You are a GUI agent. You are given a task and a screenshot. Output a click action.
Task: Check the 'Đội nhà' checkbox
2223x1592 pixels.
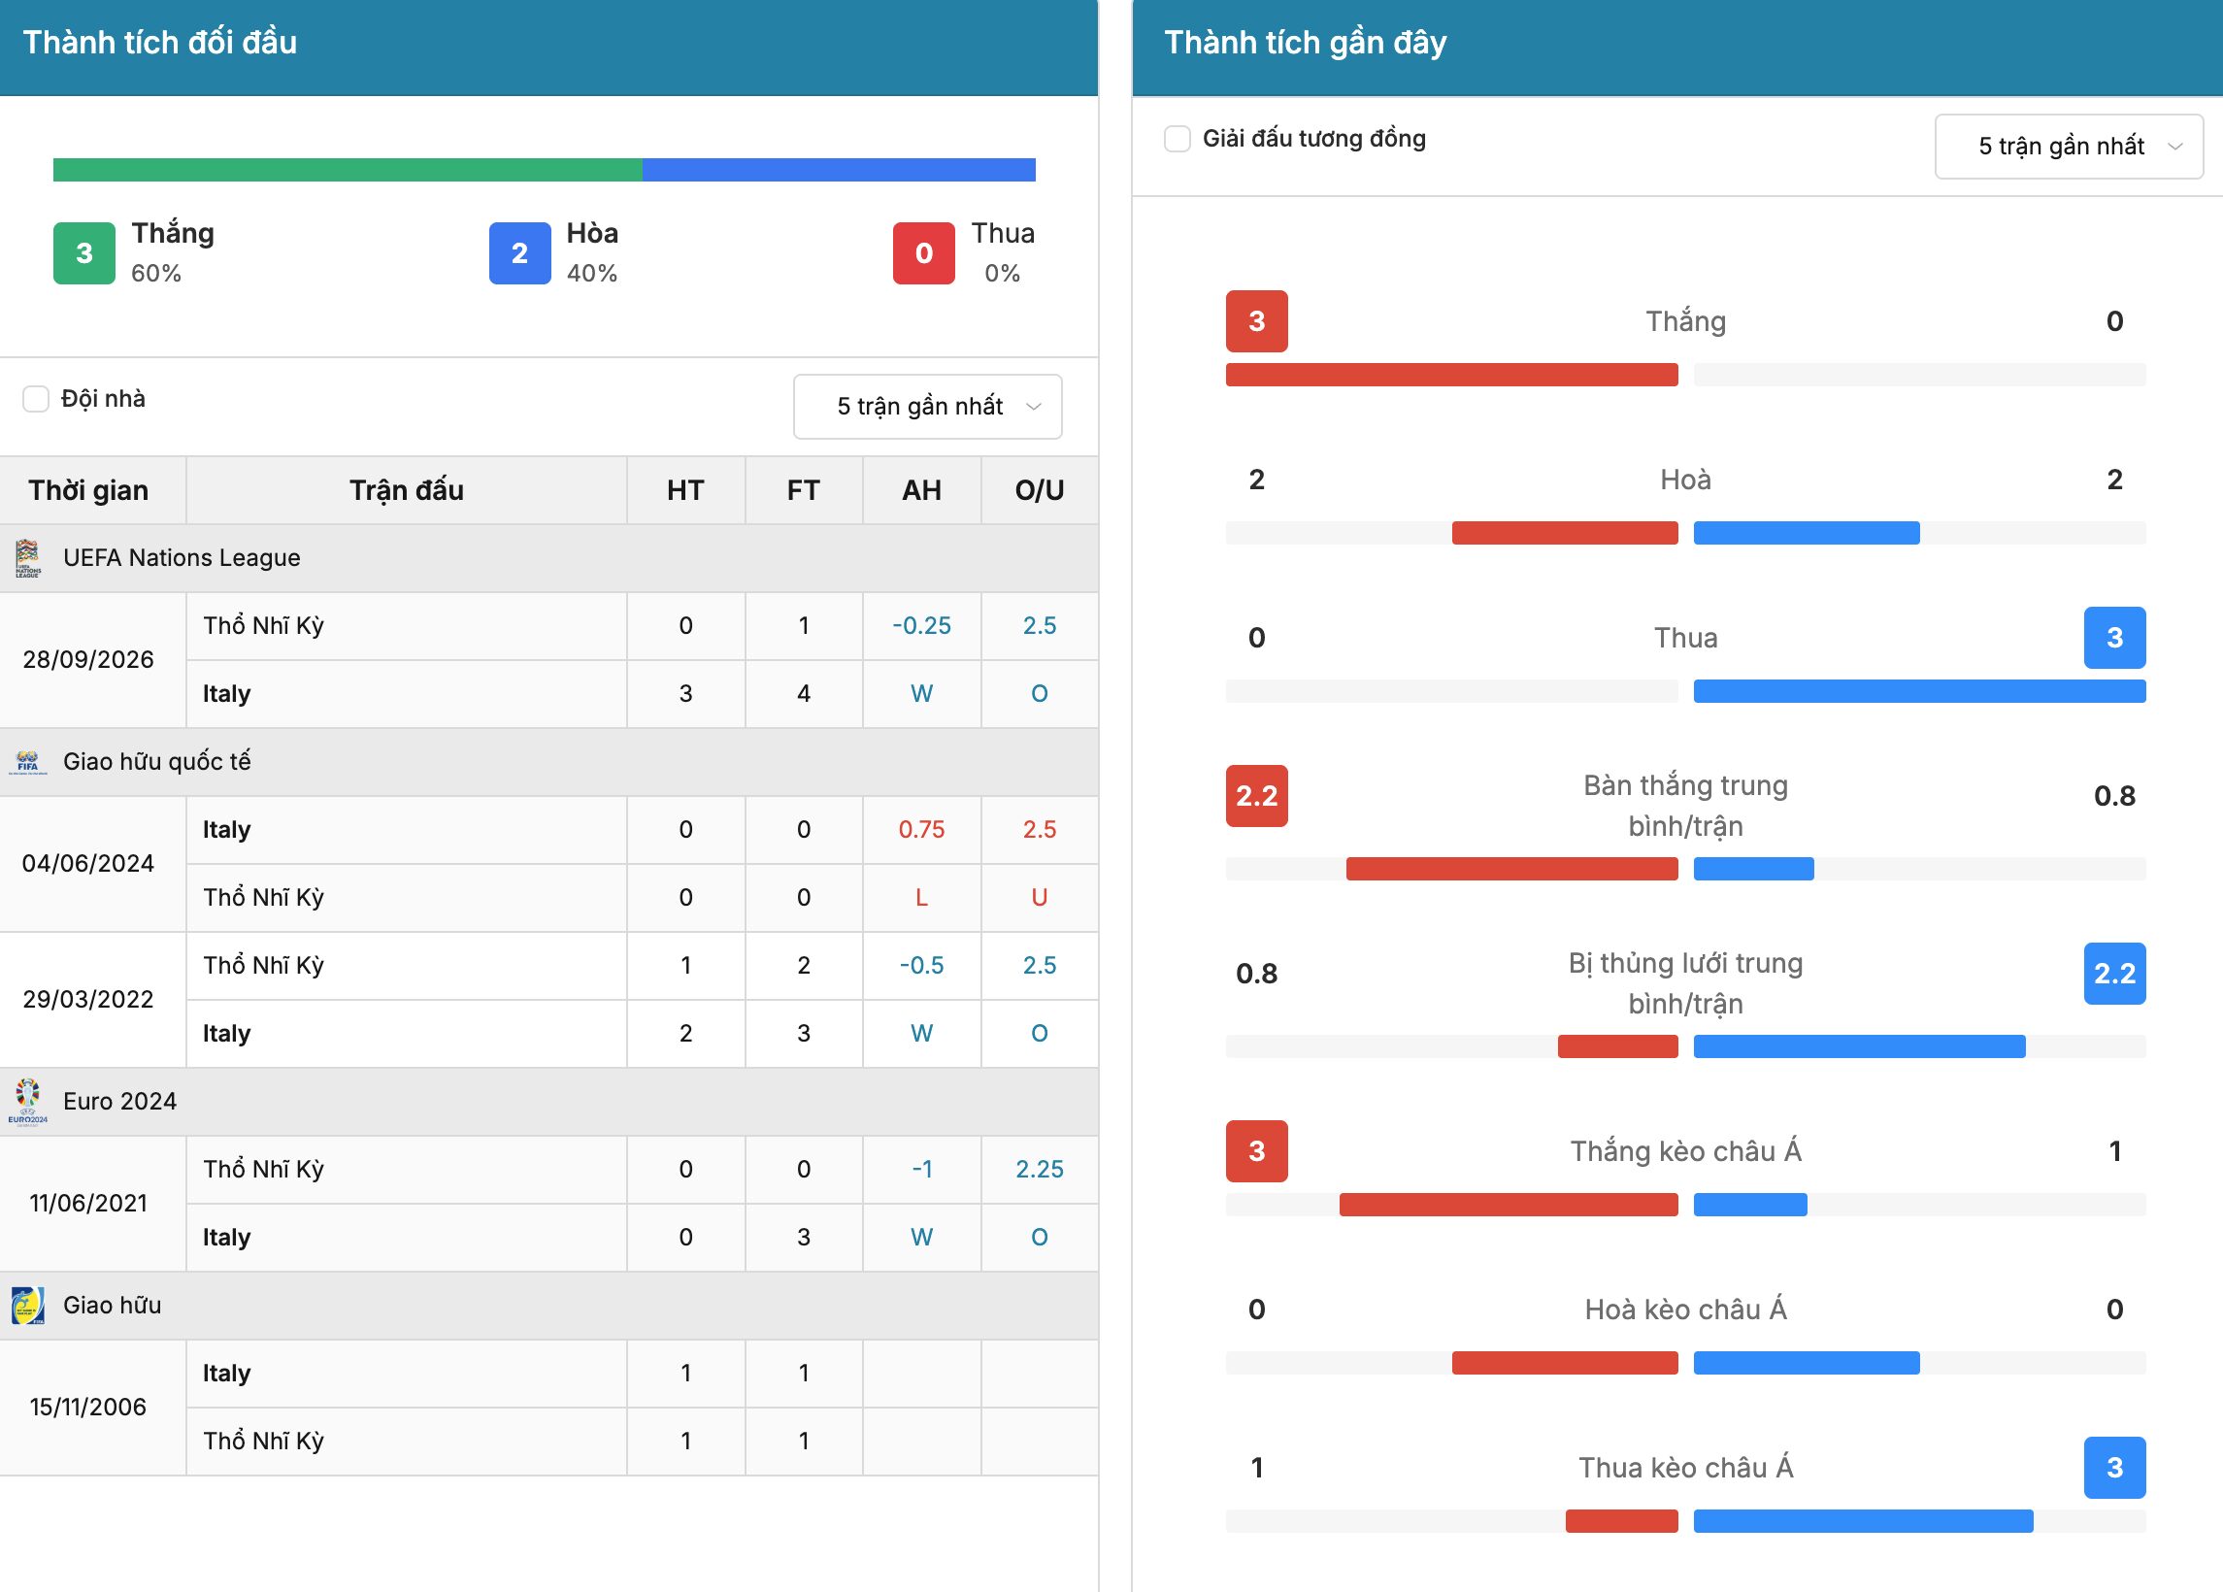tap(36, 399)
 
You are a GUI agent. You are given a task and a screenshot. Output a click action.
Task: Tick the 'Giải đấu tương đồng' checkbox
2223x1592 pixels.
tap(1178, 138)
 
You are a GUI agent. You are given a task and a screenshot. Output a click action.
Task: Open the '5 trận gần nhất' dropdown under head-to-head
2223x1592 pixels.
tap(927, 407)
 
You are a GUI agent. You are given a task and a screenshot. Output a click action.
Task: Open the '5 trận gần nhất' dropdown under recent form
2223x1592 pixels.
tap(2068, 146)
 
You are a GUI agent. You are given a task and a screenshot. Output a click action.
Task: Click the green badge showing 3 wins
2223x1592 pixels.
tap(84, 253)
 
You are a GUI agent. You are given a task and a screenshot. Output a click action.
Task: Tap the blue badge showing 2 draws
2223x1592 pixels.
tap(519, 253)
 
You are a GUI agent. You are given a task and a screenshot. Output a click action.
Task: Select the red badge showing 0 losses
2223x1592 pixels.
tap(923, 253)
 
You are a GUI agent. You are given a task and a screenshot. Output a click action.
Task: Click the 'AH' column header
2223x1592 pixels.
tap(921, 490)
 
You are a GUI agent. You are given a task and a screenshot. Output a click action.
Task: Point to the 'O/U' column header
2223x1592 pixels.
tap(1039, 490)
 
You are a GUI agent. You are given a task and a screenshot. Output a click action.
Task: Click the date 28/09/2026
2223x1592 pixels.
tap(88, 660)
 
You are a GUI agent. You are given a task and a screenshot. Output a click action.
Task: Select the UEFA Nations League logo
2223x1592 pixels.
tap(27, 558)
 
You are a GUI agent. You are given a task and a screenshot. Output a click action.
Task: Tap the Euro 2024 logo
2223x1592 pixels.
tap(27, 1102)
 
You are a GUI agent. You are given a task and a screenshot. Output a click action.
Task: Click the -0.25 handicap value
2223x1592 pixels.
tap(921, 625)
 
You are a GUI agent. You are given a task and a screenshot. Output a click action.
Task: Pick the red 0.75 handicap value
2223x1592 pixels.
tap(921, 829)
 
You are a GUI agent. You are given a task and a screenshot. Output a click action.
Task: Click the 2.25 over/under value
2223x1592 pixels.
tap(1039, 1170)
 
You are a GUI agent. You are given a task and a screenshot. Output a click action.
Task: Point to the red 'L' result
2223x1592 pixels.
tap(921, 898)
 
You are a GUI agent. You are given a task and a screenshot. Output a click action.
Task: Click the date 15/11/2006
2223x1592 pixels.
tap(88, 1408)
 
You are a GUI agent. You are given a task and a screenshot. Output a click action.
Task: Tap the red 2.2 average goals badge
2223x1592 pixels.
tap(1256, 796)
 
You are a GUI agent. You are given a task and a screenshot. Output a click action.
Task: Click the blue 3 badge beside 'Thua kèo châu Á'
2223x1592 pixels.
tap(2114, 1468)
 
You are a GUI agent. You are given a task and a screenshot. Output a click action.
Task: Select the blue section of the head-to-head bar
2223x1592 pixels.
tap(839, 170)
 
